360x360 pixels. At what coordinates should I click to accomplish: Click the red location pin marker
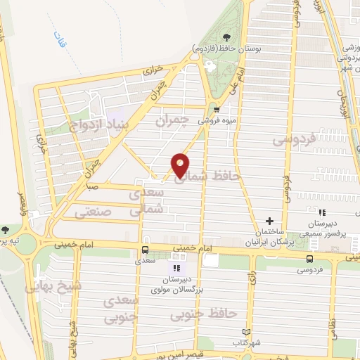[180, 164]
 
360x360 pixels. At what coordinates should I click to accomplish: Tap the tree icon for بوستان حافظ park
[226, 38]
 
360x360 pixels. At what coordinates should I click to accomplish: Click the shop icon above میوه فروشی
[217, 109]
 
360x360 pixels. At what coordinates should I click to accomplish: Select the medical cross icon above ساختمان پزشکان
[269, 221]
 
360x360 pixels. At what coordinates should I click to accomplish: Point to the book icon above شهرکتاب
[245, 332]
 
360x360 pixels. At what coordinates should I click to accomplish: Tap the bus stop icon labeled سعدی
[145, 250]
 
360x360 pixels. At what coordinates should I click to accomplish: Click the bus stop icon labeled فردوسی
[309, 258]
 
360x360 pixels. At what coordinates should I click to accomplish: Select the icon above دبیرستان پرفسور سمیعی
[322, 212]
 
